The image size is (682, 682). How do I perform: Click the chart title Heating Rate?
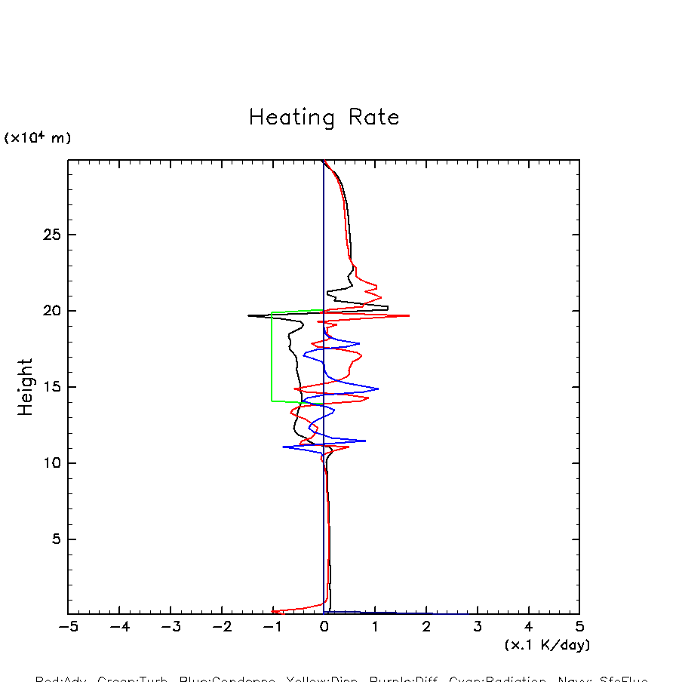[x=324, y=118]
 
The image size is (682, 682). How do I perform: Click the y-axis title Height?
[x=26, y=387]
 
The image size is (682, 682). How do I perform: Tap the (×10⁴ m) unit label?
[x=38, y=138]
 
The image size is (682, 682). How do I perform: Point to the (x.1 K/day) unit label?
[x=547, y=645]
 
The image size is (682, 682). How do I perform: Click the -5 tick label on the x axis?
[x=68, y=627]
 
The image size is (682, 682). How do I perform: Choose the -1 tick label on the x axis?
[x=272, y=627]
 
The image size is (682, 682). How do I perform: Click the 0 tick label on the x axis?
[x=324, y=627]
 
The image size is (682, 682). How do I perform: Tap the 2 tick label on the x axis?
[x=426, y=627]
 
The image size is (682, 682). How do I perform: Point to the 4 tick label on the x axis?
[x=528, y=627]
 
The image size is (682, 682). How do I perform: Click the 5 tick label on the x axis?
[x=579, y=627]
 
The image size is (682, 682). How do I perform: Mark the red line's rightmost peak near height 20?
[x=409, y=315]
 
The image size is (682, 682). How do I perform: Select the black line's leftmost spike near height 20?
[x=249, y=315]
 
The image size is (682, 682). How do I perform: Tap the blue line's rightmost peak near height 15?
[x=378, y=389]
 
